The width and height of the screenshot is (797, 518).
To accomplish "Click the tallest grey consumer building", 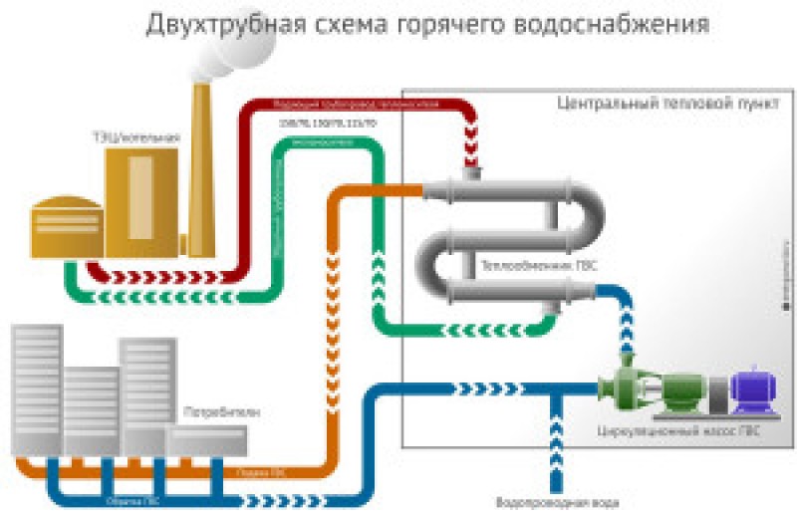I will (x=37, y=393).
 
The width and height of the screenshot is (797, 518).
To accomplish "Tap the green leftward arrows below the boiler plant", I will (x=159, y=297).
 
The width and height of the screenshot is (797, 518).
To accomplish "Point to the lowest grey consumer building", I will (x=205, y=443).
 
